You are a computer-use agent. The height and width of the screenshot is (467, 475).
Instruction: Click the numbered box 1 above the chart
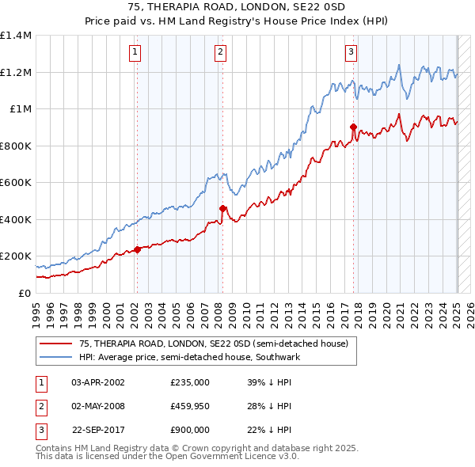(136, 53)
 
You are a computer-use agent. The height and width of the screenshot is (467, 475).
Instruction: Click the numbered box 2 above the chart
(219, 53)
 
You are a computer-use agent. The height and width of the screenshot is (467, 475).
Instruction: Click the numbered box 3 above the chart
(351, 53)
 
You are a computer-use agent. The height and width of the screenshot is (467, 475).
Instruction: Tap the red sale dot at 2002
(137, 249)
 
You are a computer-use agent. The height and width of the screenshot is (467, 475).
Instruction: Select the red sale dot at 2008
(222, 208)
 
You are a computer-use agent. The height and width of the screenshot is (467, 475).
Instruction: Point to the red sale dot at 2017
(353, 127)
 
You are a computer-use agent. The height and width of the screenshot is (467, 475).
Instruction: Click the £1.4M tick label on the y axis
(16, 36)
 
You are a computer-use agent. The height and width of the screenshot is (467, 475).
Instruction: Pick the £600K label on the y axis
(16, 183)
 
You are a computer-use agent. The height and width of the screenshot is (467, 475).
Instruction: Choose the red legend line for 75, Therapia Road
(57, 344)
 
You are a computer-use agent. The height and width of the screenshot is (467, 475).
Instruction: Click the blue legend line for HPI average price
(57, 357)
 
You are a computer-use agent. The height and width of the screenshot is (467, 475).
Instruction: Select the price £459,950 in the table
(190, 406)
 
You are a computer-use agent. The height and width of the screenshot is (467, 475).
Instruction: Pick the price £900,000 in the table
(190, 430)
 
